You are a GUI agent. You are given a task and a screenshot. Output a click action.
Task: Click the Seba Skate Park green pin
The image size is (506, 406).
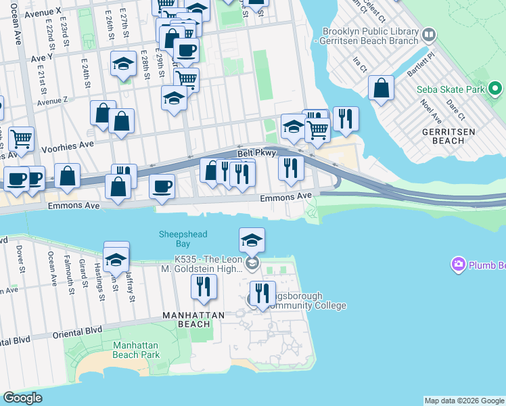click(x=495, y=89)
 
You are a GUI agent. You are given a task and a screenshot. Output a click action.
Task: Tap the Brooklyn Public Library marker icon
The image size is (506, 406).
click(x=428, y=35)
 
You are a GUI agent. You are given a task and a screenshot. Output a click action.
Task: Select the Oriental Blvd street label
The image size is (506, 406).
click(x=78, y=330)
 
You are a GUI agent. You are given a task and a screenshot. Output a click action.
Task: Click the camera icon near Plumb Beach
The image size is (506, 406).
click(x=459, y=263)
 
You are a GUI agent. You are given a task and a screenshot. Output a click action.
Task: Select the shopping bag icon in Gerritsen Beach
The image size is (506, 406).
click(x=382, y=88)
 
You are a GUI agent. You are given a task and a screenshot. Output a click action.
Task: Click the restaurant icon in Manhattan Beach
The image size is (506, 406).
click(x=204, y=286)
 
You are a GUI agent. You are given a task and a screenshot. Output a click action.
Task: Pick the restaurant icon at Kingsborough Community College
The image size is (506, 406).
click(x=262, y=293)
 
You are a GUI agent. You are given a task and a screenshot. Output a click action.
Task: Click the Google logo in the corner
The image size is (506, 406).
click(x=22, y=398)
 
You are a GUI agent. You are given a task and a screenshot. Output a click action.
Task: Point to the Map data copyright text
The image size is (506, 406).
click(x=464, y=401)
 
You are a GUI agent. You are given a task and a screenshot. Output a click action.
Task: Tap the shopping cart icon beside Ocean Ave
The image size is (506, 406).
click(x=22, y=139)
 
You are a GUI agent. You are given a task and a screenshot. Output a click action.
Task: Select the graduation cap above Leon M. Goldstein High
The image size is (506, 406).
click(x=252, y=240)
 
